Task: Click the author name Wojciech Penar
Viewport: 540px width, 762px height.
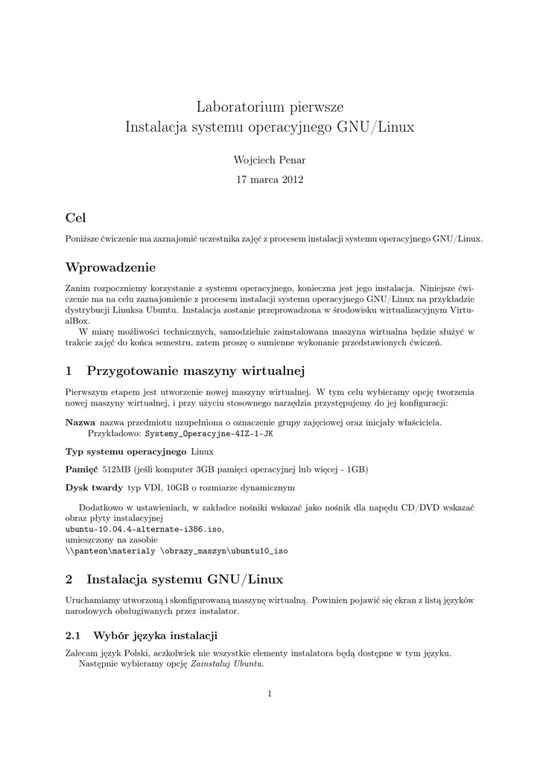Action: coord(270,160)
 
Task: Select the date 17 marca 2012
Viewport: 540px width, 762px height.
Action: coord(270,179)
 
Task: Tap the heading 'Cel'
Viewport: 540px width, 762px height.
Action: coord(76,218)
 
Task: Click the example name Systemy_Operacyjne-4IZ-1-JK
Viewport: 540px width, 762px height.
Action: coord(209,434)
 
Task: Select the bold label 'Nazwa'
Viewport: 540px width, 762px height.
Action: coord(80,422)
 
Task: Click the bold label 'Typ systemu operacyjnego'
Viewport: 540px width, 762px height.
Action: coord(126,452)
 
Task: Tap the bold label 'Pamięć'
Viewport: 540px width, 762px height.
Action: coord(82,470)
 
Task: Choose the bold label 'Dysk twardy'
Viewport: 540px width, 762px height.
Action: coord(95,487)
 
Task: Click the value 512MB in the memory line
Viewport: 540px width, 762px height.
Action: coord(116,470)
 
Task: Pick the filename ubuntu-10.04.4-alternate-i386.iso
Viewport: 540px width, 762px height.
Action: coord(144,529)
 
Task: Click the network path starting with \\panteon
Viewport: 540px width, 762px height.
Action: coord(177,551)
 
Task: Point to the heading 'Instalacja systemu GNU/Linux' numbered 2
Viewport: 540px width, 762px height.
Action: coord(185,578)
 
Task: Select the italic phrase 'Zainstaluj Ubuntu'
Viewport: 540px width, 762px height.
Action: coord(226,664)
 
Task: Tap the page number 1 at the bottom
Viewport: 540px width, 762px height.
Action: coord(270,694)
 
